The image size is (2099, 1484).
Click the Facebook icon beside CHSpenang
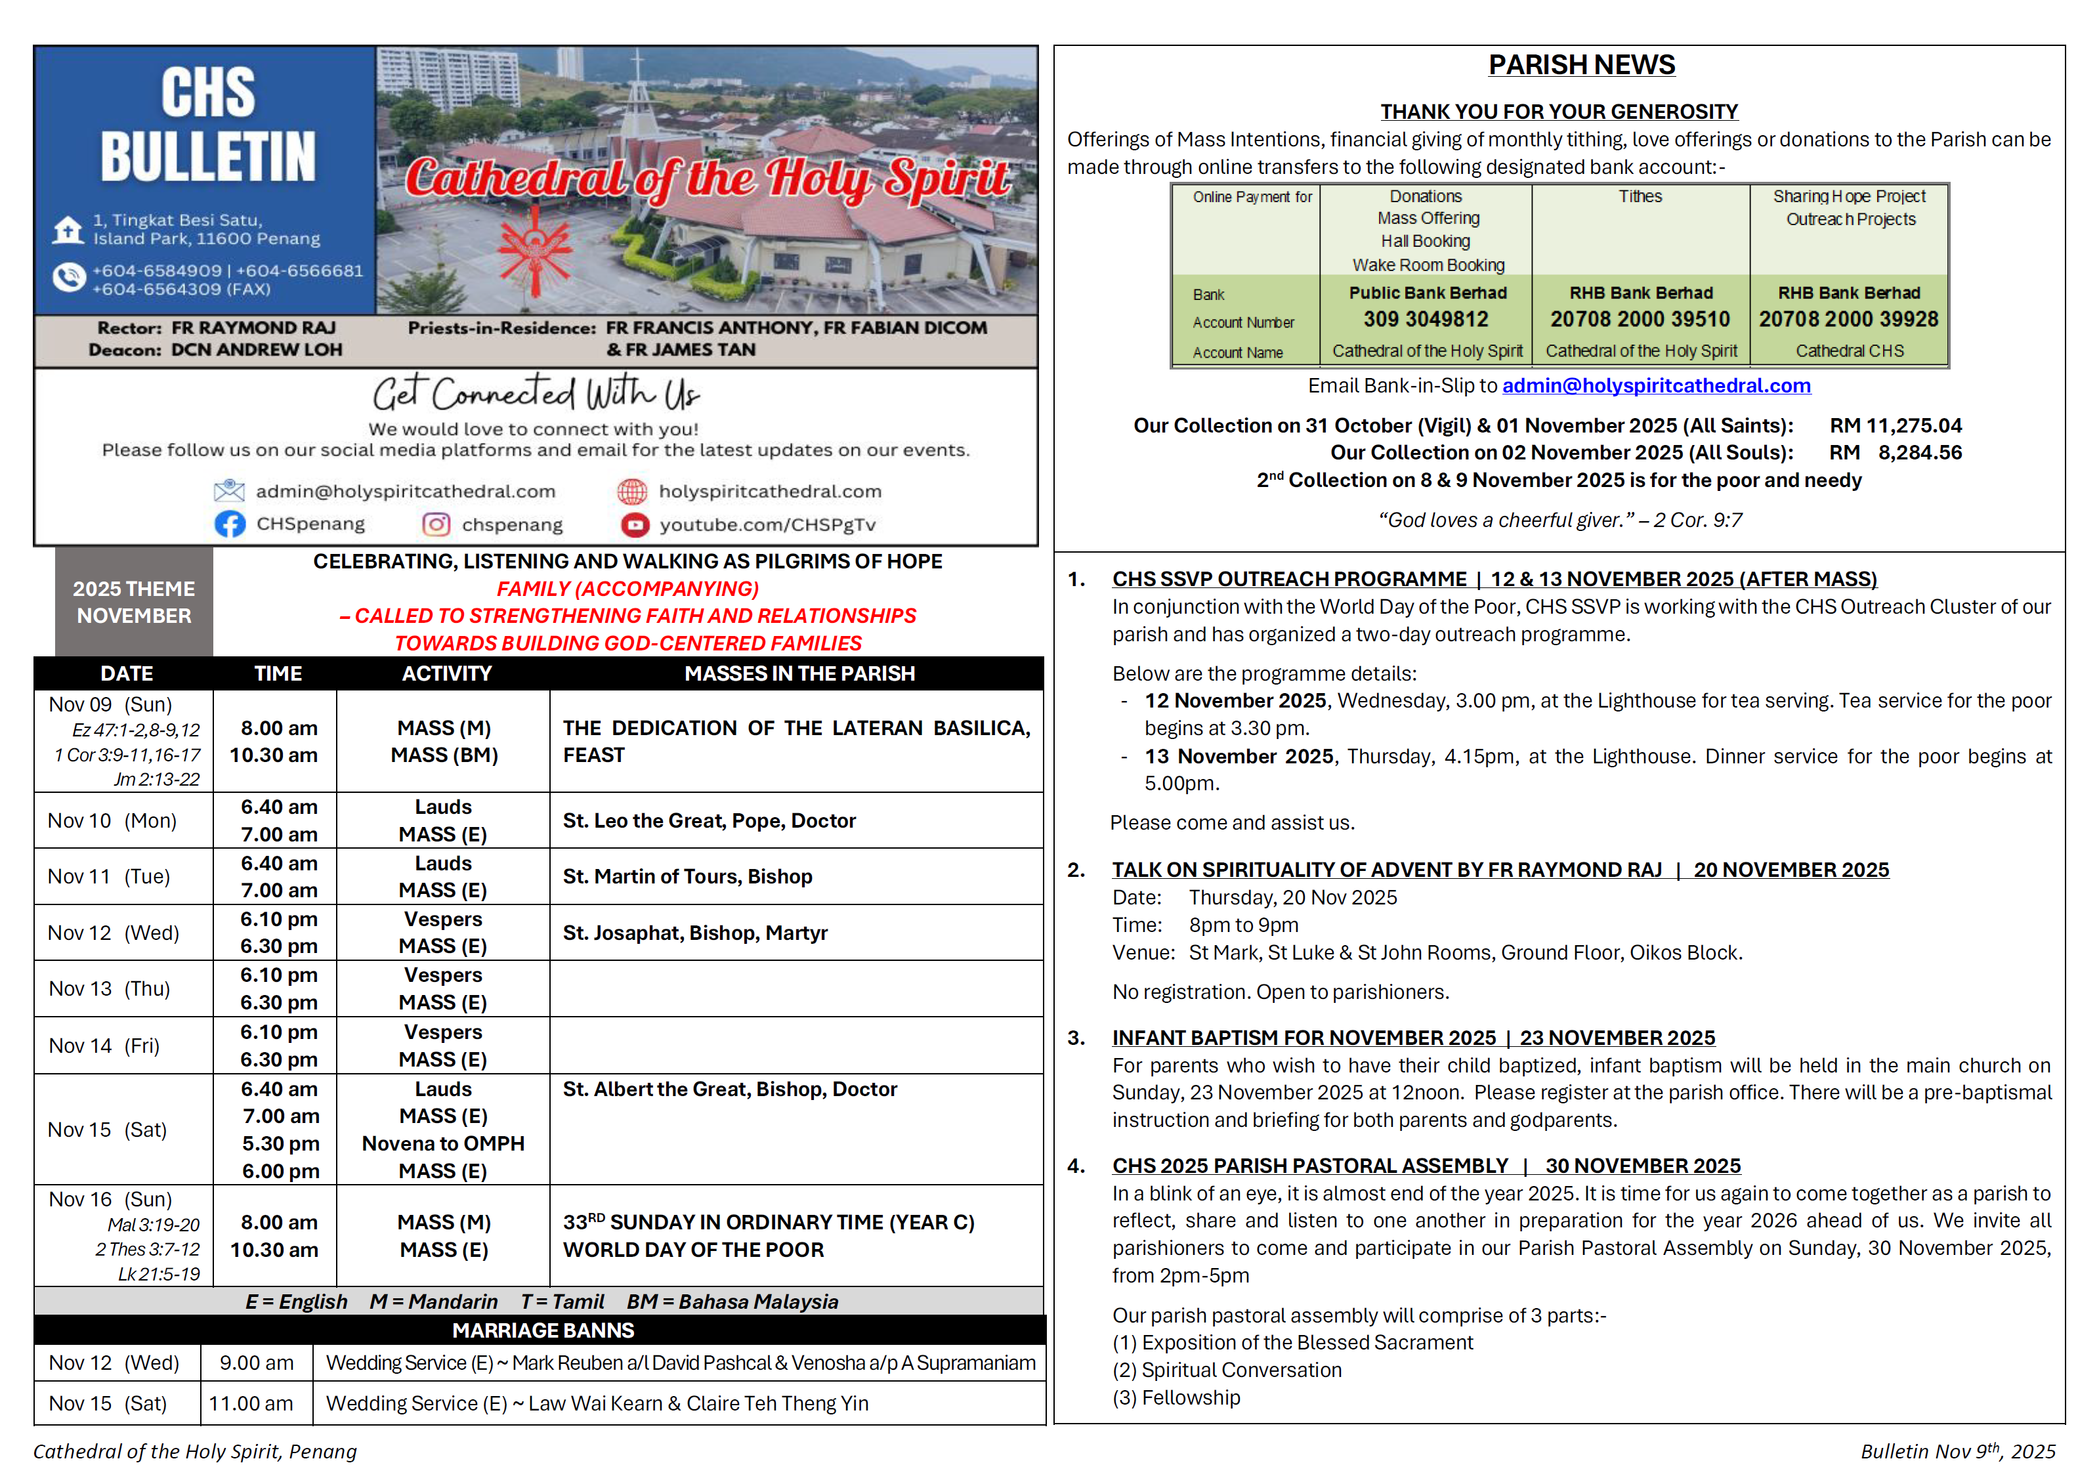point(230,524)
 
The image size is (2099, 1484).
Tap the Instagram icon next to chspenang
point(436,524)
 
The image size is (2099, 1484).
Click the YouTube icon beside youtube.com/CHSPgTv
point(635,524)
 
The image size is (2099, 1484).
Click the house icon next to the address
point(68,230)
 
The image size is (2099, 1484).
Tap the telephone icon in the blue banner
point(68,277)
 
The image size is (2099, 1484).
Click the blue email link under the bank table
point(1655,386)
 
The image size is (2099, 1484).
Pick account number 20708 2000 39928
point(1848,319)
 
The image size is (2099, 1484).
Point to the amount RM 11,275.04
point(1894,425)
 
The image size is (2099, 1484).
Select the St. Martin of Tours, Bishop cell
point(687,876)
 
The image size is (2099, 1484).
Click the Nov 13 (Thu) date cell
point(110,988)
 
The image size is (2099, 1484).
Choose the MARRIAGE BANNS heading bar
point(542,1330)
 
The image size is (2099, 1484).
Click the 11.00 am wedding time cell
point(251,1403)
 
